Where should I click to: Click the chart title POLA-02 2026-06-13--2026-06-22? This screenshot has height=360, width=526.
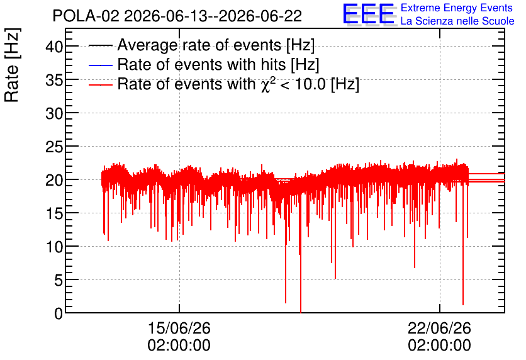pyautogui.click(x=177, y=16)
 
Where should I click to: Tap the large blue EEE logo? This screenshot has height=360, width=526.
pyautogui.click(x=369, y=14)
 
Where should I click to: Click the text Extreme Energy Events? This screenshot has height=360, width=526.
pyautogui.click(x=457, y=8)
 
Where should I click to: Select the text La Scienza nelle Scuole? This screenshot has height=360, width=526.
pyautogui.click(x=457, y=21)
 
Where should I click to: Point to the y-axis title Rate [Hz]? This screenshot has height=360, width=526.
pyautogui.click(x=12, y=65)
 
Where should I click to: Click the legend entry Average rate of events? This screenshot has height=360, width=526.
pyautogui.click(x=216, y=45)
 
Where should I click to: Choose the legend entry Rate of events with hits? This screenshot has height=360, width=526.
pyautogui.click(x=218, y=64)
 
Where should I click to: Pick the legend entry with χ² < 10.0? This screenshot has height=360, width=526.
pyautogui.click(x=238, y=84)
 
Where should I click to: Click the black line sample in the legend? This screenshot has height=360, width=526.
pyautogui.click(x=100, y=45)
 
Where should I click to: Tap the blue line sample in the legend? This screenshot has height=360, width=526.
pyautogui.click(x=100, y=65)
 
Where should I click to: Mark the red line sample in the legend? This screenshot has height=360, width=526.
pyautogui.click(x=100, y=84)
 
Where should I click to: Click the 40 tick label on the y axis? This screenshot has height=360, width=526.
pyautogui.click(x=54, y=47)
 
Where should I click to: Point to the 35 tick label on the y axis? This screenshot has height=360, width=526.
pyautogui.click(x=54, y=80)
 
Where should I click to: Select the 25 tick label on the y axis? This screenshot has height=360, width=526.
pyautogui.click(x=54, y=147)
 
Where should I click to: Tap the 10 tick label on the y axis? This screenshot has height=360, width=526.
pyautogui.click(x=54, y=247)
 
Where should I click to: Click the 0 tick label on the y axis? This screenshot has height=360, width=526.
pyautogui.click(x=59, y=313)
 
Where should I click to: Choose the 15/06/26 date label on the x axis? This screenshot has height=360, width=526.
pyautogui.click(x=179, y=328)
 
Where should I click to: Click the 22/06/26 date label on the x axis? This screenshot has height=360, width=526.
pyautogui.click(x=439, y=328)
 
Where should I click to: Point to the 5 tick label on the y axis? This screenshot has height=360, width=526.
pyautogui.click(x=59, y=280)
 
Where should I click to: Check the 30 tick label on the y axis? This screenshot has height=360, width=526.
pyautogui.click(x=54, y=113)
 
